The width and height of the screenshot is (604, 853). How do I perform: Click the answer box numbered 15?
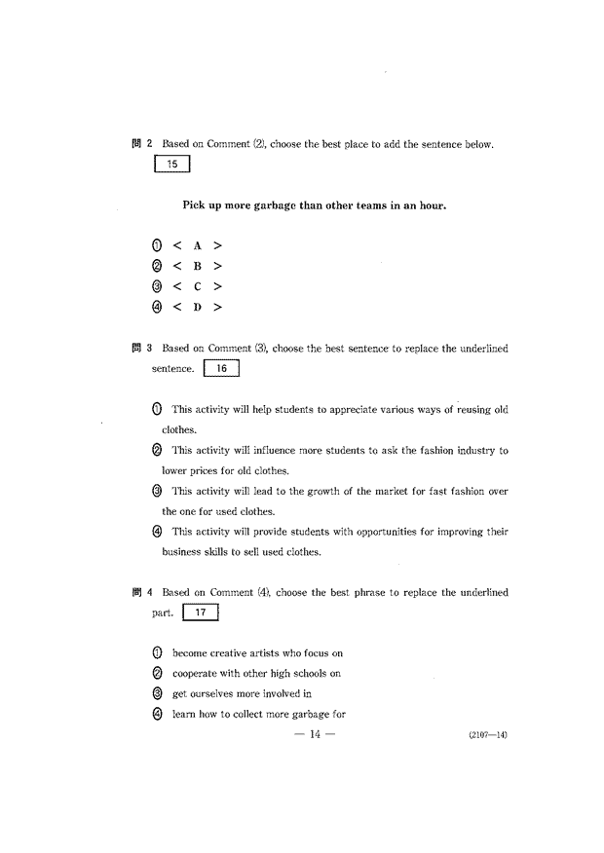[x=171, y=165]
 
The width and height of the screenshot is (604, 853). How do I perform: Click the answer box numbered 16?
[x=222, y=369]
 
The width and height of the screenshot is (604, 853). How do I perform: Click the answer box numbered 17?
[x=201, y=613]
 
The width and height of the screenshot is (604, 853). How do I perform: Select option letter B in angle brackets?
[x=196, y=266]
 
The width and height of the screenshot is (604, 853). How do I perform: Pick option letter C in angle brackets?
[x=196, y=286]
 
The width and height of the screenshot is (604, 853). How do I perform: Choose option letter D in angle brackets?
[x=196, y=307]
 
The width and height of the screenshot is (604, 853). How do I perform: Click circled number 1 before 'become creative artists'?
[x=156, y=653]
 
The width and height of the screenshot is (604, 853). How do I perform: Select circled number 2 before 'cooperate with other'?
[x=156, y=674]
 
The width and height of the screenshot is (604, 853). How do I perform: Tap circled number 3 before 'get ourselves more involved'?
[x=156, y=694]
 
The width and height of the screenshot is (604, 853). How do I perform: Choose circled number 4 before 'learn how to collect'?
[x=156, y=715]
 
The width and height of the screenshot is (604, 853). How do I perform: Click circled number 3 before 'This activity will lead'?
[x=156, y=491]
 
